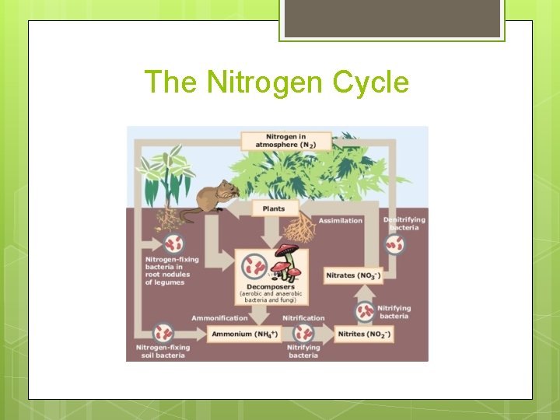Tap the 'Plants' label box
click(274, 208)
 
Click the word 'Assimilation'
click(341, 221)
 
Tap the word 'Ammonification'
click(219, 318)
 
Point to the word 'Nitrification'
click(304, 318)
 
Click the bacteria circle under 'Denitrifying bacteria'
click(395, 245)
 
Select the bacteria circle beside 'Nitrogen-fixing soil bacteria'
click(163, 332)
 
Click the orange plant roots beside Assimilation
click(300, 229)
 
